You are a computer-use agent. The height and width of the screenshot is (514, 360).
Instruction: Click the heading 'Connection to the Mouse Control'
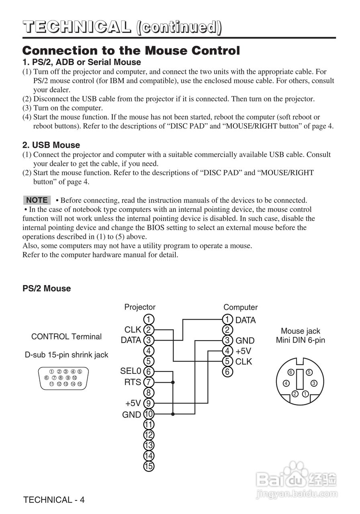click(131, 51)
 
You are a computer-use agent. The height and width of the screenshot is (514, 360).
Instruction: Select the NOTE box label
click(37, 200)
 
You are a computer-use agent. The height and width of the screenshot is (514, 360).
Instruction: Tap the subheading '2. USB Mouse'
click(51, 145)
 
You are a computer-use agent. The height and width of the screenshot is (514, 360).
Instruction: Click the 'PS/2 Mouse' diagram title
click(47, 288)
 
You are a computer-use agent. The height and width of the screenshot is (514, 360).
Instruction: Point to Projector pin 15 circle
click(149, 466)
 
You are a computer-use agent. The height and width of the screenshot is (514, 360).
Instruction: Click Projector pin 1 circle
click(149, 319)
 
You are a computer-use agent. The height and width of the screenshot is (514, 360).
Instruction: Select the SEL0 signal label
click(131, 371)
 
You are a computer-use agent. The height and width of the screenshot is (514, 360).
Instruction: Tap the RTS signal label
click(133, 382)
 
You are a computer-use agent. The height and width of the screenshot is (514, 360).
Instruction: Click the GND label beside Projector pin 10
click(132, 414)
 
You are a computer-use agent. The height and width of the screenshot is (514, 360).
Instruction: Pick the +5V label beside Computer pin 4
click(243, 351)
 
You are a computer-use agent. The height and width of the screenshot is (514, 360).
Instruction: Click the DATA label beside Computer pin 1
click(245, 320)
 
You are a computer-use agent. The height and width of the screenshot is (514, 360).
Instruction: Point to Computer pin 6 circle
click(227, 372)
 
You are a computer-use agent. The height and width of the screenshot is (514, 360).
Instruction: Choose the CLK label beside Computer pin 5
click(244, 361)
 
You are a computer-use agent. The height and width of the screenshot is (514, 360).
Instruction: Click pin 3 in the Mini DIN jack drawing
click(314, 383)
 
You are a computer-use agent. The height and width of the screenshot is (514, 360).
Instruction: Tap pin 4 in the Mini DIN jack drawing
click(286, 383)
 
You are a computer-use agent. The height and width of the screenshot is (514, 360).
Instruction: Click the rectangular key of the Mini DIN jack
click(300, 381)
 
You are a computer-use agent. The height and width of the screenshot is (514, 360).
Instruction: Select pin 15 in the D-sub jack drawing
click(80, 384)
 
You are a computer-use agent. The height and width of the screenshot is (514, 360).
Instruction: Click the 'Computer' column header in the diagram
click(240, 307)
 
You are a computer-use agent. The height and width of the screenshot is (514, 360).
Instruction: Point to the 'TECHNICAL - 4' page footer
click(54, 500)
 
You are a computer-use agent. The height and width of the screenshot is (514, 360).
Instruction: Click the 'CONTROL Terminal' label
click(66, 337)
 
